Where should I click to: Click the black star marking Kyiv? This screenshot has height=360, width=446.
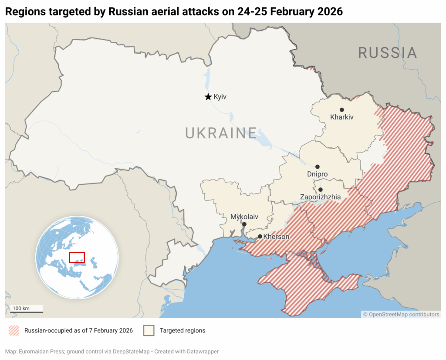click(208, 97)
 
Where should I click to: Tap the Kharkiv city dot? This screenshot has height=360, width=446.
click(342, 110)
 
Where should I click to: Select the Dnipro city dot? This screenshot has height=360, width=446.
click(318, 167)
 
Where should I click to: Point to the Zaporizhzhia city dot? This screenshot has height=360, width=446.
click(321, 190)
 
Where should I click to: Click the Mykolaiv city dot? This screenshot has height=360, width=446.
click(244, 224)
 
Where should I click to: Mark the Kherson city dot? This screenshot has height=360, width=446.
click(260, 237)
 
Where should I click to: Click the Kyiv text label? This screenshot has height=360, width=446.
click(220, 97)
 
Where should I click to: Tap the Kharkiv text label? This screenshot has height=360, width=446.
click(342, 117)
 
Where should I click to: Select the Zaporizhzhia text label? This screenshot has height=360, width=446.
click(321, 197)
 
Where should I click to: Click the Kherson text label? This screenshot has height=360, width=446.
click(276, 237)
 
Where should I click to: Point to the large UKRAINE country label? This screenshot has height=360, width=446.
click(221, 132)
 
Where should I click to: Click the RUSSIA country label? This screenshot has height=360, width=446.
click(388, 53)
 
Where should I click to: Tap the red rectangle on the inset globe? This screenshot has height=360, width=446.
click(77, 257)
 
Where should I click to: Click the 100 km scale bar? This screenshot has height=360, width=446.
click(27, 312)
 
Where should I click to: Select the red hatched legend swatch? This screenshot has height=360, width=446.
click(14, 331)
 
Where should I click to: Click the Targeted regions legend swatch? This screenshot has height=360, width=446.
click(149, 331)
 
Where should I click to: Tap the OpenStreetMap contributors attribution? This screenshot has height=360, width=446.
click(401, 314)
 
